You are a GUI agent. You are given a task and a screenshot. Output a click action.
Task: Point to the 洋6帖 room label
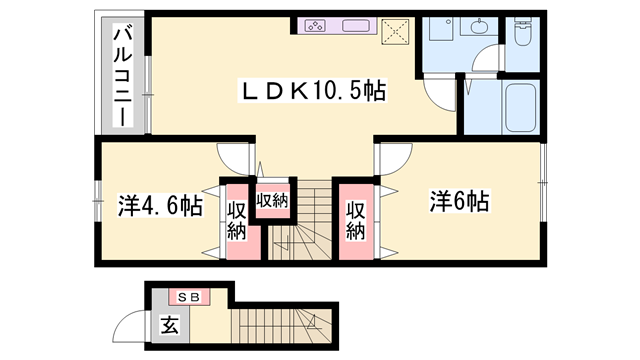[x=460, y=201]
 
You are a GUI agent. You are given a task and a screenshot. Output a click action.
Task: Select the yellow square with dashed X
[x=400, y=33]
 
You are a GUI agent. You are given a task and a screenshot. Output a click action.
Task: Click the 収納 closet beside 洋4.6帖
[x=237, y=220]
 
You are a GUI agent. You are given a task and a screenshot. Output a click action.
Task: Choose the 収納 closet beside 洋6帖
[x=356, y=220]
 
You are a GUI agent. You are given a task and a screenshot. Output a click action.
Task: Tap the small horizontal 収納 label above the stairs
[x=272, y=200]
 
